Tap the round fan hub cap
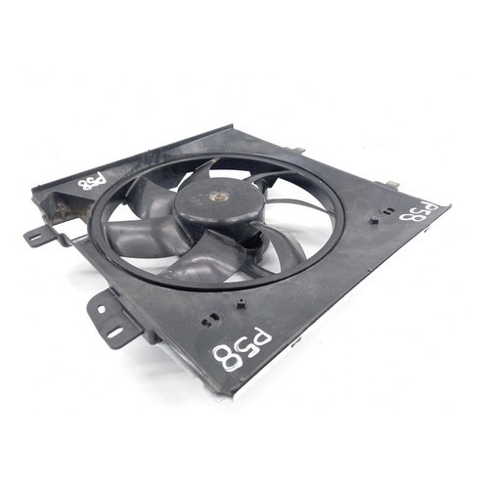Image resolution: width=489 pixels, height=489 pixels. click(218, 202)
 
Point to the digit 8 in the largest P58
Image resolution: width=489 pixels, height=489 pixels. click(227, 356)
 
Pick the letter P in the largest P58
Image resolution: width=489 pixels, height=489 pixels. click(262, 335)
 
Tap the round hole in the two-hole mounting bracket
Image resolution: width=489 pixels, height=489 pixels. click(101, 309)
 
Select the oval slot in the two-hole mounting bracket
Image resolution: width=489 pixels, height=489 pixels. click(114, 333)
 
